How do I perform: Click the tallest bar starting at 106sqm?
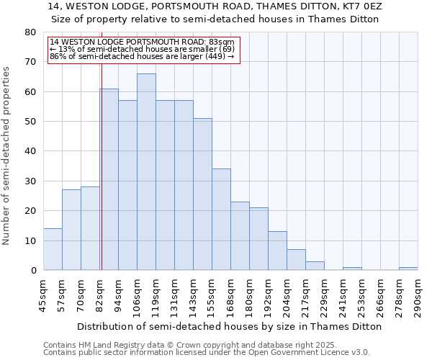146,172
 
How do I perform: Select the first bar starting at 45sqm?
53,249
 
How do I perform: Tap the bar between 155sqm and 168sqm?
221,220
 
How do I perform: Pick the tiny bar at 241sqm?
352,269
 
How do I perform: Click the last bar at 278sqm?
408,269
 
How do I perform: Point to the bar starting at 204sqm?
296,260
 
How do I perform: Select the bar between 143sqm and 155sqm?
202,194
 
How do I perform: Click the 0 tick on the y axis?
33,270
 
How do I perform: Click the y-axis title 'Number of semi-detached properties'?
7,156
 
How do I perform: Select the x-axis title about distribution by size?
229,326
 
